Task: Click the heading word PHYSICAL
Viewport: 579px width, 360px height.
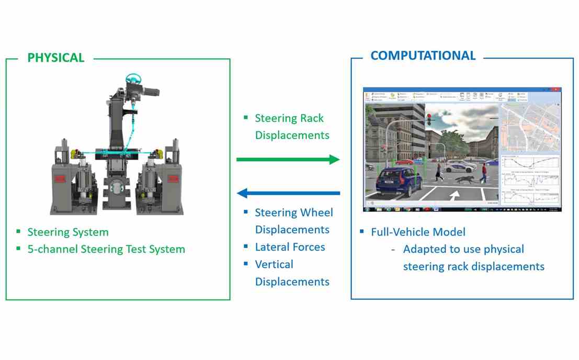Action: point(55,58)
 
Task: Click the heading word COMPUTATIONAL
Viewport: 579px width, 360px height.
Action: point(423,55)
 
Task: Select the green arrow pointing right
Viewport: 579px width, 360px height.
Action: point(288,160)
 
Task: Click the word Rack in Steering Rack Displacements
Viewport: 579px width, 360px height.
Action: point(312,118)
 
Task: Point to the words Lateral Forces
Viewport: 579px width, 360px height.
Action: point(290,247)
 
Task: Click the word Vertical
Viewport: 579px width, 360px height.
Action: point(274,264)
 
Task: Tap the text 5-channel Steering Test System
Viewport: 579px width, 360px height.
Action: point(106,249)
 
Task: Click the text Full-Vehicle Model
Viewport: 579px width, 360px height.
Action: point(418,232)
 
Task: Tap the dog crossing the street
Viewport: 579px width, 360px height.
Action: point(463,179)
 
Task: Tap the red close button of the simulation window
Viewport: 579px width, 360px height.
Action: point(555,89)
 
